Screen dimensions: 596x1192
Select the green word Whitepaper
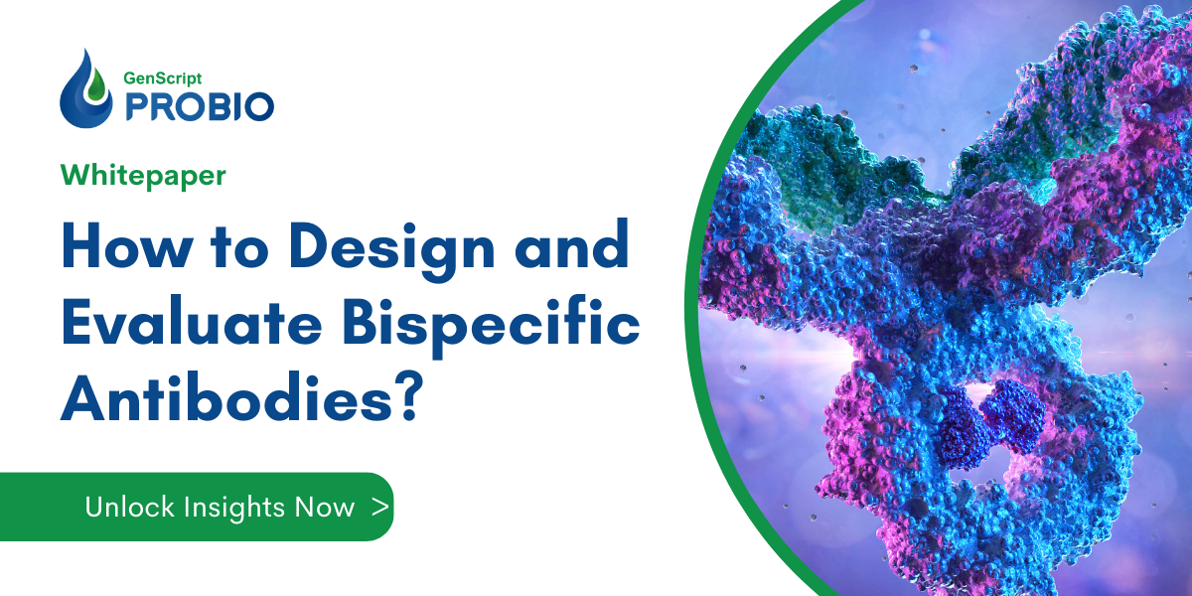[143, 176]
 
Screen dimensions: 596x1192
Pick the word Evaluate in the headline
[173, 325]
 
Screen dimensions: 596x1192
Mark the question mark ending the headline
[399, 401]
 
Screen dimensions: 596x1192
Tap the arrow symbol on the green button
[379, 507]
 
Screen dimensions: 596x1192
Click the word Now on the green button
[324, 507]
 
